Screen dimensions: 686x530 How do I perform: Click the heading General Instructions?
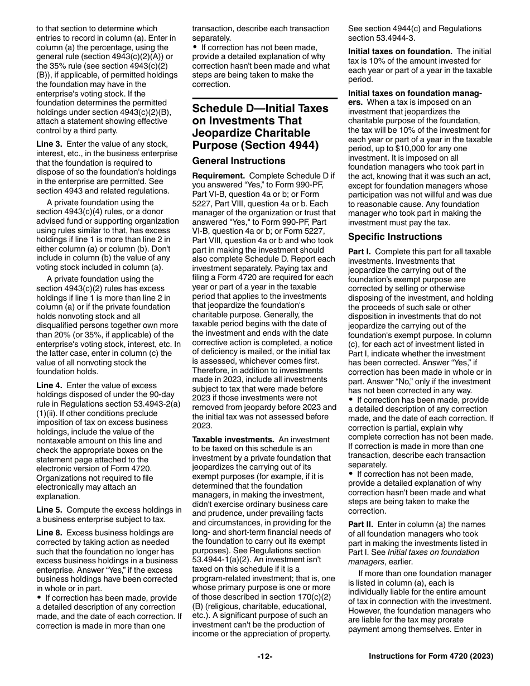[239, 161]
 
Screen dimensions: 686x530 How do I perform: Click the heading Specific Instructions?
[394, 236]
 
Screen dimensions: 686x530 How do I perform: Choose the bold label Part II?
[361, 525]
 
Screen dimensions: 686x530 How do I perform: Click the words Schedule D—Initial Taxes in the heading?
[260, 108]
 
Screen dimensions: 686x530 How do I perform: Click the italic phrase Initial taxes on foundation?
[427, 552]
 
